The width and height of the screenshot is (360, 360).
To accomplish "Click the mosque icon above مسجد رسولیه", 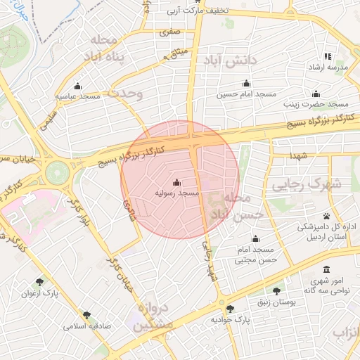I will pyautogui.click(x=176, y=182).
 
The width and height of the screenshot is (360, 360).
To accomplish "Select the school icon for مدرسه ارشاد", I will pyautogui.click(x=327, y=56).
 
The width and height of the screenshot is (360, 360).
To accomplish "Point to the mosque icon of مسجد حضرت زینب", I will pyautogui.click(x=316, y=94).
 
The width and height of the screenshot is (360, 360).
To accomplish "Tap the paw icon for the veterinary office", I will pyautogui.click(x=327, y=216).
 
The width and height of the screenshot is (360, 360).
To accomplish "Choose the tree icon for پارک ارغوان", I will pyautogui.click(x=39, y=281).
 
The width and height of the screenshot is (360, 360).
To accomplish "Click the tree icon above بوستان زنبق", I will pyautogui.click(x=276, y=290).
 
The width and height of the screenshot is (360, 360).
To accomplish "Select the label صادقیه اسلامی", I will pyautogui.click(x=85, y=326).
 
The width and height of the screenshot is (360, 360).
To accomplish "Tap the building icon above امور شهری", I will pyautogui.click(x=326, y=270).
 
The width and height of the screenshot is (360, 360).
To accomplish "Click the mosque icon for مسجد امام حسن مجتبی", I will pyautogui.click(x=255, y=238).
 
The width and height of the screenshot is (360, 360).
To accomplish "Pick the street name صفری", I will pyautogui.click(x=170, y=32).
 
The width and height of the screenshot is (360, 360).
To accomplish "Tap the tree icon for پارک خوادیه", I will pyautogui.click(x=229, y=309).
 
